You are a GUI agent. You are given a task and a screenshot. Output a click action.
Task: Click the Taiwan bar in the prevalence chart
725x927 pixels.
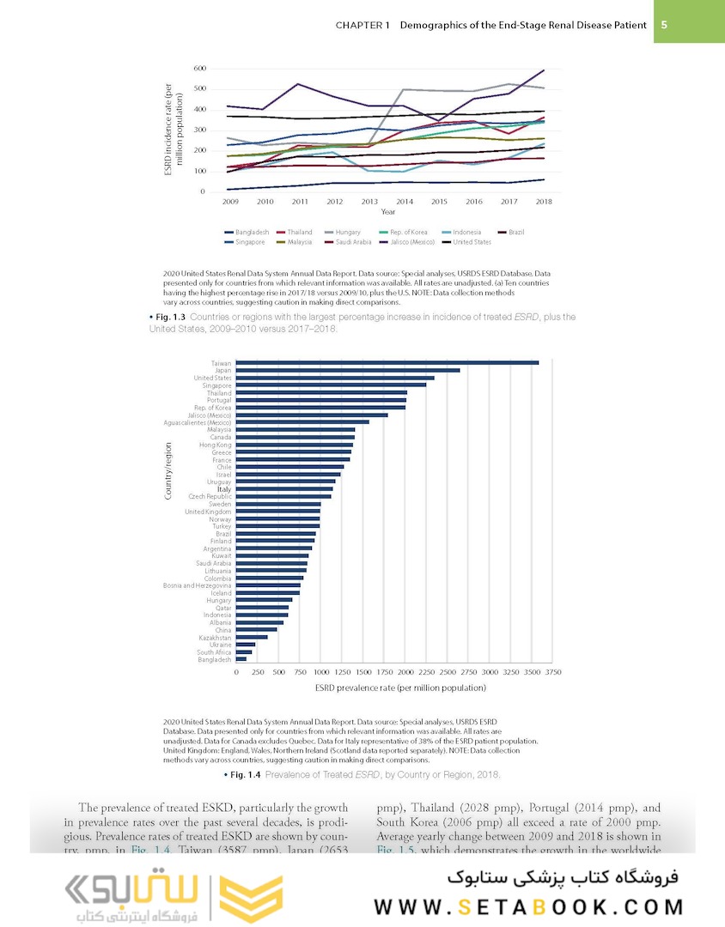click(387, 363)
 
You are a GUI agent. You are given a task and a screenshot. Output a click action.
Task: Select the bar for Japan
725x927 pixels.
click(348, 371)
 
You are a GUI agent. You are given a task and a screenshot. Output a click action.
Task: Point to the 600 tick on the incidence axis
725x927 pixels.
click(199, 68)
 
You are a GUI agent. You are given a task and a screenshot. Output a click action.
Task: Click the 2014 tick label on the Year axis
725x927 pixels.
click(405, 201)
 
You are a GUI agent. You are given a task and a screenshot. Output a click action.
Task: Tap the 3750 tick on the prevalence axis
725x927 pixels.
click(552, 672)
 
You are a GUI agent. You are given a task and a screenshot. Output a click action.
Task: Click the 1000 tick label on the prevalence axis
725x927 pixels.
click(320, 672)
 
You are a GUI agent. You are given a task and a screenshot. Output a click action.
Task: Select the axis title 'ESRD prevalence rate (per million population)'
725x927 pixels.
click(400, 688)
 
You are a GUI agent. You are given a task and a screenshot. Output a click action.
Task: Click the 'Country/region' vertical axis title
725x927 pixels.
click(169, 470)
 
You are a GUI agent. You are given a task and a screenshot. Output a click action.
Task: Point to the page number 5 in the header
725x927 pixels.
click(664, 25)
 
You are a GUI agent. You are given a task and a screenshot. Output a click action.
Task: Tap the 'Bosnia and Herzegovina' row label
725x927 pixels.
click(197, 585)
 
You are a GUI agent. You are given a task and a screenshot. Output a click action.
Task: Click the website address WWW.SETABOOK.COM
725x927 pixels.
click(527, 906)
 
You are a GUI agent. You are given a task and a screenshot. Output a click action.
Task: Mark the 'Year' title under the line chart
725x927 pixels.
click(388, 211)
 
